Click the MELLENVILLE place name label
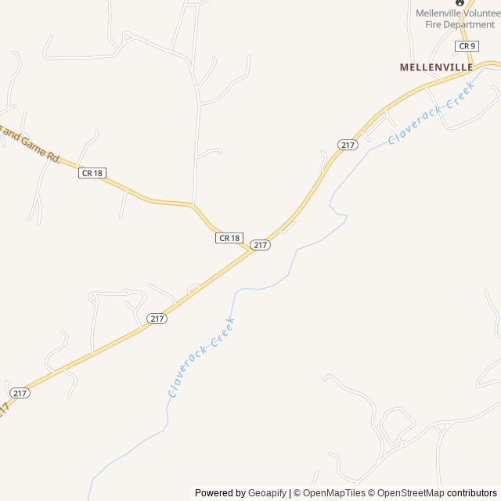(x=436, y=67)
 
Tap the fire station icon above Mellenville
(x=459, y=2)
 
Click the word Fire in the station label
(x=434, y=25)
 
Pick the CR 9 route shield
(x=467, y=46)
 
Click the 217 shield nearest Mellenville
(x=348, y=145)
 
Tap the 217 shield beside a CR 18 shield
(x=261, y=245)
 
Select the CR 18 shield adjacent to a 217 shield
(x=229, y=237)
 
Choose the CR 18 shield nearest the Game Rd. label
(x=92, y=173)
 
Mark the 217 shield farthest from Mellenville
(x=20, y=392)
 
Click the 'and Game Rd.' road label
(x=31, y=146)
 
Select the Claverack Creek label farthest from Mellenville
(x=201, y=356)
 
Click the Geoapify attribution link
(x=267, y=493)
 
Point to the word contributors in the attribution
(x=471, y=493)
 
